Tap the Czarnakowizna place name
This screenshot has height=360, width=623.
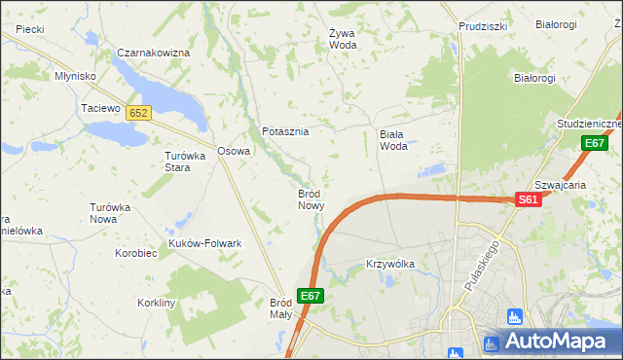(153, 53)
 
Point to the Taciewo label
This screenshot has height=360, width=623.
(99, 108)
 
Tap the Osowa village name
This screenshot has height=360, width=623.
(234, 151)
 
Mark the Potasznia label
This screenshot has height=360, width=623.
(285, 131)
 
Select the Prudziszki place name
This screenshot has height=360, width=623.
(483, 26)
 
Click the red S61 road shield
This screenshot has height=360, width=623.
(528, 199)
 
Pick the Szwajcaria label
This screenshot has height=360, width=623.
(560, 185)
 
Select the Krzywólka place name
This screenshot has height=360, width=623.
(390, 264)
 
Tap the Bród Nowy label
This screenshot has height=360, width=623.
(310, 199)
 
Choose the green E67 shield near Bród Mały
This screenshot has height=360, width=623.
(311, 296)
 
